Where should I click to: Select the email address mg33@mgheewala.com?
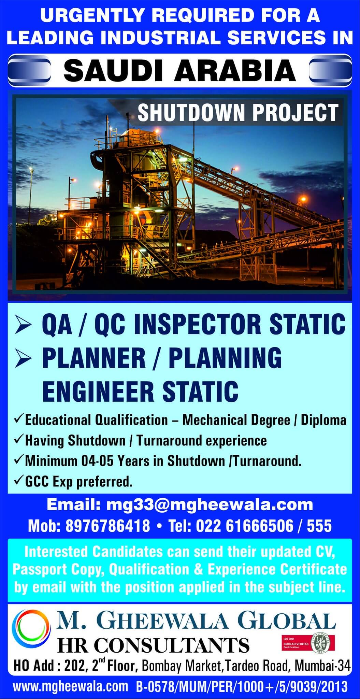210,504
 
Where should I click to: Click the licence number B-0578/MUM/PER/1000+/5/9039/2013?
241,686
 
